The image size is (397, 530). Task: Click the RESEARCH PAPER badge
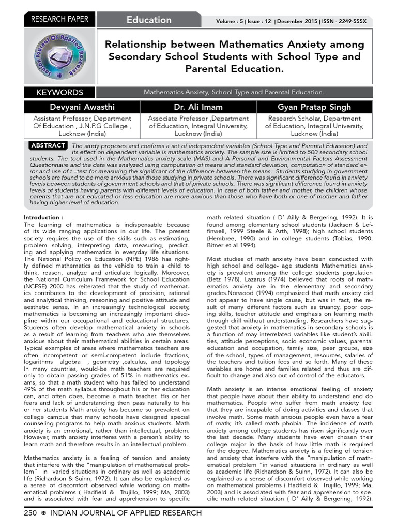(x=60, y=20)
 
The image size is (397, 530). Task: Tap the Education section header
(x=149, y=20)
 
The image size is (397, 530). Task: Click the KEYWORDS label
(x=59, y=93)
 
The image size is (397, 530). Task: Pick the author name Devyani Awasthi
(x=82, y=107)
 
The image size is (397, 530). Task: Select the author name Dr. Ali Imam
(x=198, y=107)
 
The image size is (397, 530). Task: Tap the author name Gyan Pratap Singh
(x=314, y=107)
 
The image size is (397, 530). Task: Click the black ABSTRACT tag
(x=48, y=145)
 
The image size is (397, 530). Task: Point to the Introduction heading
(x=44, y=218)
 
